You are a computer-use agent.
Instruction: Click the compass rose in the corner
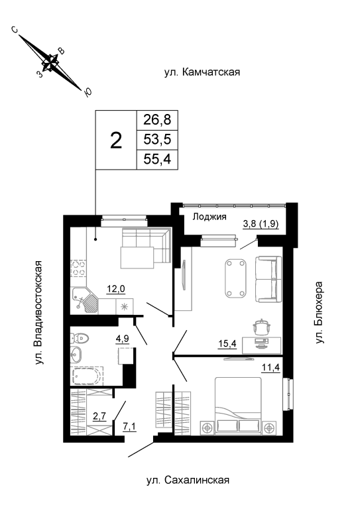(x=51, y=62)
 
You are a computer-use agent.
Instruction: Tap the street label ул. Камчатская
(x=202, y=72)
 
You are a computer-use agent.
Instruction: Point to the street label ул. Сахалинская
(x=188, y=480)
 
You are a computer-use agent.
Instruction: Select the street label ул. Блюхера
(x=320, y=312)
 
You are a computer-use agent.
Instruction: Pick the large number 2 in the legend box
(x=116, y=141)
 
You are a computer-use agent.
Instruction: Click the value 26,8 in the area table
(x=157, y=120)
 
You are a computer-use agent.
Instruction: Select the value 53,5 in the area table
(x=157, y=140)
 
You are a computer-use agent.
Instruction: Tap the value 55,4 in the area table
(x=157, y=159)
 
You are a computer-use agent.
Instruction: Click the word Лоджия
(x=210, y=217)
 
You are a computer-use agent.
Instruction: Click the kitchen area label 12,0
(x=116, y=288)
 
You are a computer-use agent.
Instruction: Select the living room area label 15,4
(x=228, y=343)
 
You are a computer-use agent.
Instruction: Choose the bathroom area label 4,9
(x=123, y=339)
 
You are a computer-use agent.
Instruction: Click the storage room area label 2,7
(x=99, y=416)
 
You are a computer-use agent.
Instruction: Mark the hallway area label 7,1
(x=129, y=427)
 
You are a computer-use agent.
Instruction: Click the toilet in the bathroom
(x=79, y=339)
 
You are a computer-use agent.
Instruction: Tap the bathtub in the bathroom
(x=87, y=376)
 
